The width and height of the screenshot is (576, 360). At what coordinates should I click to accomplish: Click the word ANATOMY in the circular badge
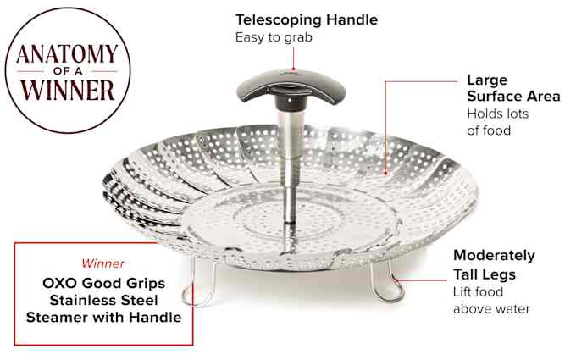point(67,54)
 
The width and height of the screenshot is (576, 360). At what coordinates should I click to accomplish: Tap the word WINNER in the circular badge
point(67,90)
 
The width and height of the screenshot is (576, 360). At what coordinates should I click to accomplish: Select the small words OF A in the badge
point(68,71)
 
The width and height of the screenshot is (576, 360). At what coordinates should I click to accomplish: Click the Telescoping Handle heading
point(307,19)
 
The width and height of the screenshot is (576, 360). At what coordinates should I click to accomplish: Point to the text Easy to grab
point(274,37)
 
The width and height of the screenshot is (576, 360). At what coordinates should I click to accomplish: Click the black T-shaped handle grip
point(291,88)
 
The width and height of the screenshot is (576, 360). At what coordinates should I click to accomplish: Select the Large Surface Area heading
point(513,88)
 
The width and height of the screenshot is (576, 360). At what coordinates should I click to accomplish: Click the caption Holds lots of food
point(497,122)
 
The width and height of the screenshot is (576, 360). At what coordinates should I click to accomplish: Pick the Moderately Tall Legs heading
point(494,265)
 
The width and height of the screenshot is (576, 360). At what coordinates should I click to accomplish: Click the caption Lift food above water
point(491,301)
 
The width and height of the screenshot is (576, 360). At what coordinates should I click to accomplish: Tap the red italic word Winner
point(102,263)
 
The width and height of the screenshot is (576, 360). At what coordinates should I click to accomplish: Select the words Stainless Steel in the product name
point(103,300)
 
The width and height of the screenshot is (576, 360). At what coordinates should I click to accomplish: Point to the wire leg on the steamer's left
point(199,283)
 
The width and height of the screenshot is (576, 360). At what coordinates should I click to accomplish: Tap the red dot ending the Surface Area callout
point(385,173)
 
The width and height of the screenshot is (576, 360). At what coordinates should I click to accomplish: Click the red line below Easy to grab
point(294,58)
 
